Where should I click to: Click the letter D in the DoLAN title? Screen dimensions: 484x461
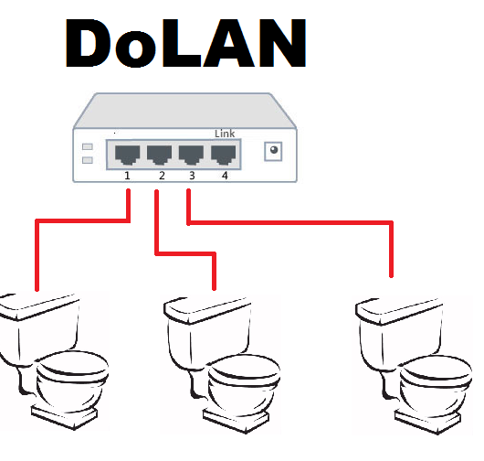[x=88, y=43]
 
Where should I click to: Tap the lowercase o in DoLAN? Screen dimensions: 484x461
[x=135, y=48]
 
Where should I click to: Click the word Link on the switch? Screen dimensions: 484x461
[x=225, y=134]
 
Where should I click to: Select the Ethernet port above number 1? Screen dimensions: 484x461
[x=127, y=155]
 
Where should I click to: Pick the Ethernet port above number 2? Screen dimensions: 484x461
[x=159, y=155]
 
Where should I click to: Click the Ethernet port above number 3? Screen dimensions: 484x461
[x=192, y=155]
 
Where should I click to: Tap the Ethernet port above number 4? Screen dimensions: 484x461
[x=224, y=155]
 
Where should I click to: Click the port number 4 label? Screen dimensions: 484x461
[x=225, y=176]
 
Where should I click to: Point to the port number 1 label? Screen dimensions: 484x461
[x=127, y=176]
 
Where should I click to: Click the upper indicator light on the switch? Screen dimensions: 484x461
[x=88, y=146]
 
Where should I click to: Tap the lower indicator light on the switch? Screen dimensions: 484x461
[x=88, y=160]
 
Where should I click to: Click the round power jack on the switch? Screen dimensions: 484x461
[x=274, y=150]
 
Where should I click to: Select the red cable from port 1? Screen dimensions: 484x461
[x=83, y=220]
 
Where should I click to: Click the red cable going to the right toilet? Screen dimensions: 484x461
[x=290, y=222]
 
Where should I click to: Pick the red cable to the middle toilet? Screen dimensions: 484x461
[x=185, y=254]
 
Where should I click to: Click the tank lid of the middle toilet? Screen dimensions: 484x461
[x=206, y=310]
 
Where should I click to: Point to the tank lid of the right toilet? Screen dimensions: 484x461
[x=398, y=311]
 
